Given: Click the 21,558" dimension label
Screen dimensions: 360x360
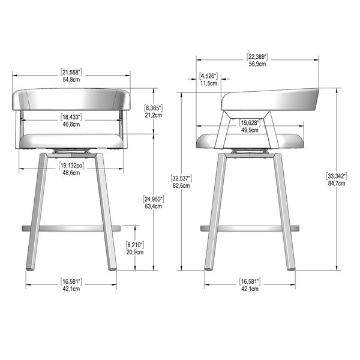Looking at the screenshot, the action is click(71, 73).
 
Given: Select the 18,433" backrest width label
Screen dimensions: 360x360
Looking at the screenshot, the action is click(71, 117).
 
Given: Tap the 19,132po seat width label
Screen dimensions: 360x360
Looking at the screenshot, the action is click(71, 166).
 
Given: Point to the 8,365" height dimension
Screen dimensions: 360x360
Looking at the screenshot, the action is click(153, 107).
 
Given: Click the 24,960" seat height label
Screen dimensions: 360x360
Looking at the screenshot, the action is click(153, 199).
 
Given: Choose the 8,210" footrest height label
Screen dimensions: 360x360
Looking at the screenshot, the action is click(135, 245).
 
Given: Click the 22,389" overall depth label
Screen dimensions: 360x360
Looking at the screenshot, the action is click(257, 56).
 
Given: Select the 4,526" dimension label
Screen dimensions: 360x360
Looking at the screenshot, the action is click(208, 76).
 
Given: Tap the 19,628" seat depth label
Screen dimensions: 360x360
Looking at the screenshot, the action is click(250, 122).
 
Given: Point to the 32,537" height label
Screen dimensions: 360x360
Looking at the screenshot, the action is click(181, 178).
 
